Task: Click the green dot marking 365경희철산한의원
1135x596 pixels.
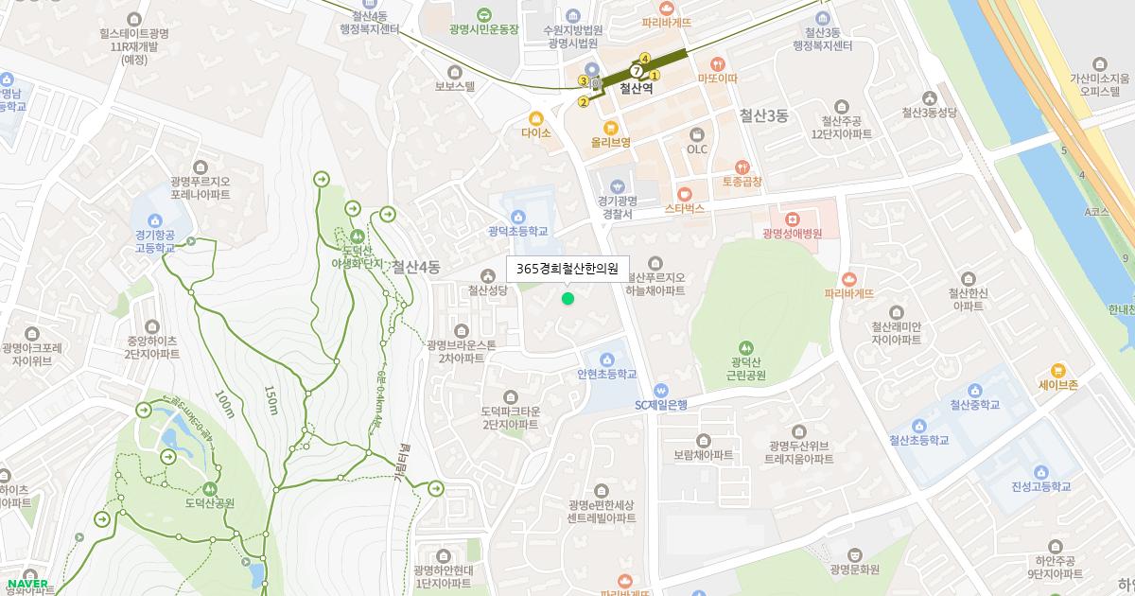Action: [x=567, y=299]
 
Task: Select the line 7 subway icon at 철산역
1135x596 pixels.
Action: [x=637, y=71]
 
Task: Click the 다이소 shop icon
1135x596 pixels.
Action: [x=535, y=118]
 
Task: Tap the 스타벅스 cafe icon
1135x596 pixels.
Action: [x=685, y=194]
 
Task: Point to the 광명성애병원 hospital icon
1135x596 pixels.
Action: [x=792, y=219]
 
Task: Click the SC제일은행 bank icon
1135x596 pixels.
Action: [x=661, y=390]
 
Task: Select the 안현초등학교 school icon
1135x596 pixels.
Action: [x=605, y=359]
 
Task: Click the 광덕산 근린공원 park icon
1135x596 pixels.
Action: [x=747, y=347]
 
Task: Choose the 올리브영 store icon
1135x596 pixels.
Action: [x=611, y=127]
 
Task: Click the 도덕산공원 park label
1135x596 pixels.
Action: [x=209, y=502]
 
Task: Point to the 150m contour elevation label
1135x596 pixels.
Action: [x=271, y=399]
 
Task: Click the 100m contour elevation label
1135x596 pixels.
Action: [x=224, y=403]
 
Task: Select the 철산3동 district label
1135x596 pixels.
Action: [x=763, y=115]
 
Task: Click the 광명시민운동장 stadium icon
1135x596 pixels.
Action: [x=484, y=14]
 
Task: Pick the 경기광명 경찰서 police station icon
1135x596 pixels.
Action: [x=618, y=185]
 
